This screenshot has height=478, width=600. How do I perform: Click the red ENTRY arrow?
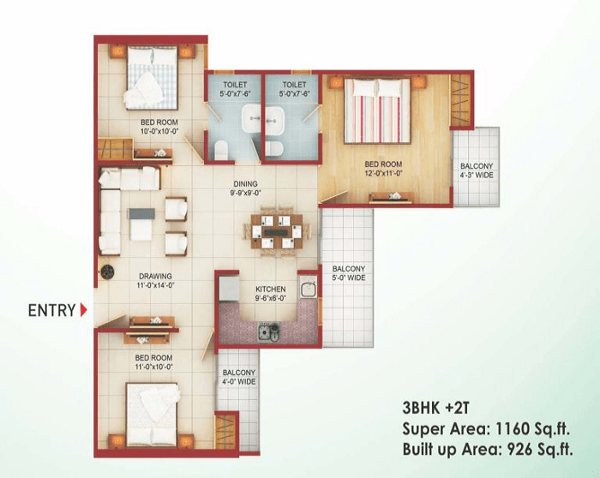[83, 310]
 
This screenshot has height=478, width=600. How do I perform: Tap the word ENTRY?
[51, 310]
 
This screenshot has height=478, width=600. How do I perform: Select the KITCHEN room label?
[270, 290]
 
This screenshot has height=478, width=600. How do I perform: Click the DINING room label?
[246, 183]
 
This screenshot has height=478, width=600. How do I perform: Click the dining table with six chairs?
[275, 229]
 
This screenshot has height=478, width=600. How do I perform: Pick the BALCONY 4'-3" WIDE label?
[476, 170]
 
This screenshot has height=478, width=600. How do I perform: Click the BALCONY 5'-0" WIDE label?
[349, 272]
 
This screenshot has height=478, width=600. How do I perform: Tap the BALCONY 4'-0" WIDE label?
[238, 378]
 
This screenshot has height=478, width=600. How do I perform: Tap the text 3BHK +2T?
[432, 408]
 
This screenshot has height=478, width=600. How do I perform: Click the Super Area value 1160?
[509, 427]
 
